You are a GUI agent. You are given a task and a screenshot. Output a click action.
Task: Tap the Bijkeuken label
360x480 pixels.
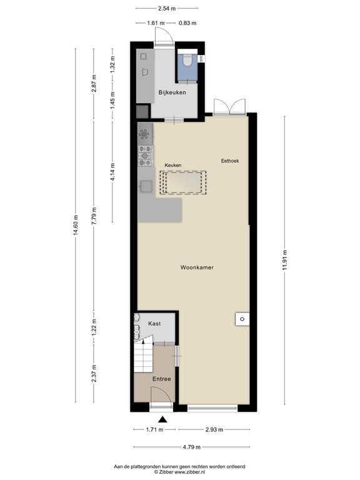[x=172, y=92]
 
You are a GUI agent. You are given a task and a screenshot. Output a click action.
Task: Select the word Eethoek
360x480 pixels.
[x=230, y=161]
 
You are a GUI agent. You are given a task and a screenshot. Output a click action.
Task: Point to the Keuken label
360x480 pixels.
[x=172, y=165]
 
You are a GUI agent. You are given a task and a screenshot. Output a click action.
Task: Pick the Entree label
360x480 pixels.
[x=162, y=379]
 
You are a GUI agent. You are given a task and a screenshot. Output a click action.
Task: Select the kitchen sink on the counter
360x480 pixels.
[x=146, y=187]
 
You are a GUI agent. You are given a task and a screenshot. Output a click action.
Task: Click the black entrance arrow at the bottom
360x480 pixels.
[x=162, y=419]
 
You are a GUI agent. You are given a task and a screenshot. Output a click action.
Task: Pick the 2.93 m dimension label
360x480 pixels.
[x=214, y=430]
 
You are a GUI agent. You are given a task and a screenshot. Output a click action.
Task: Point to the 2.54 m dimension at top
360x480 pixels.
[x=167, y=9]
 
